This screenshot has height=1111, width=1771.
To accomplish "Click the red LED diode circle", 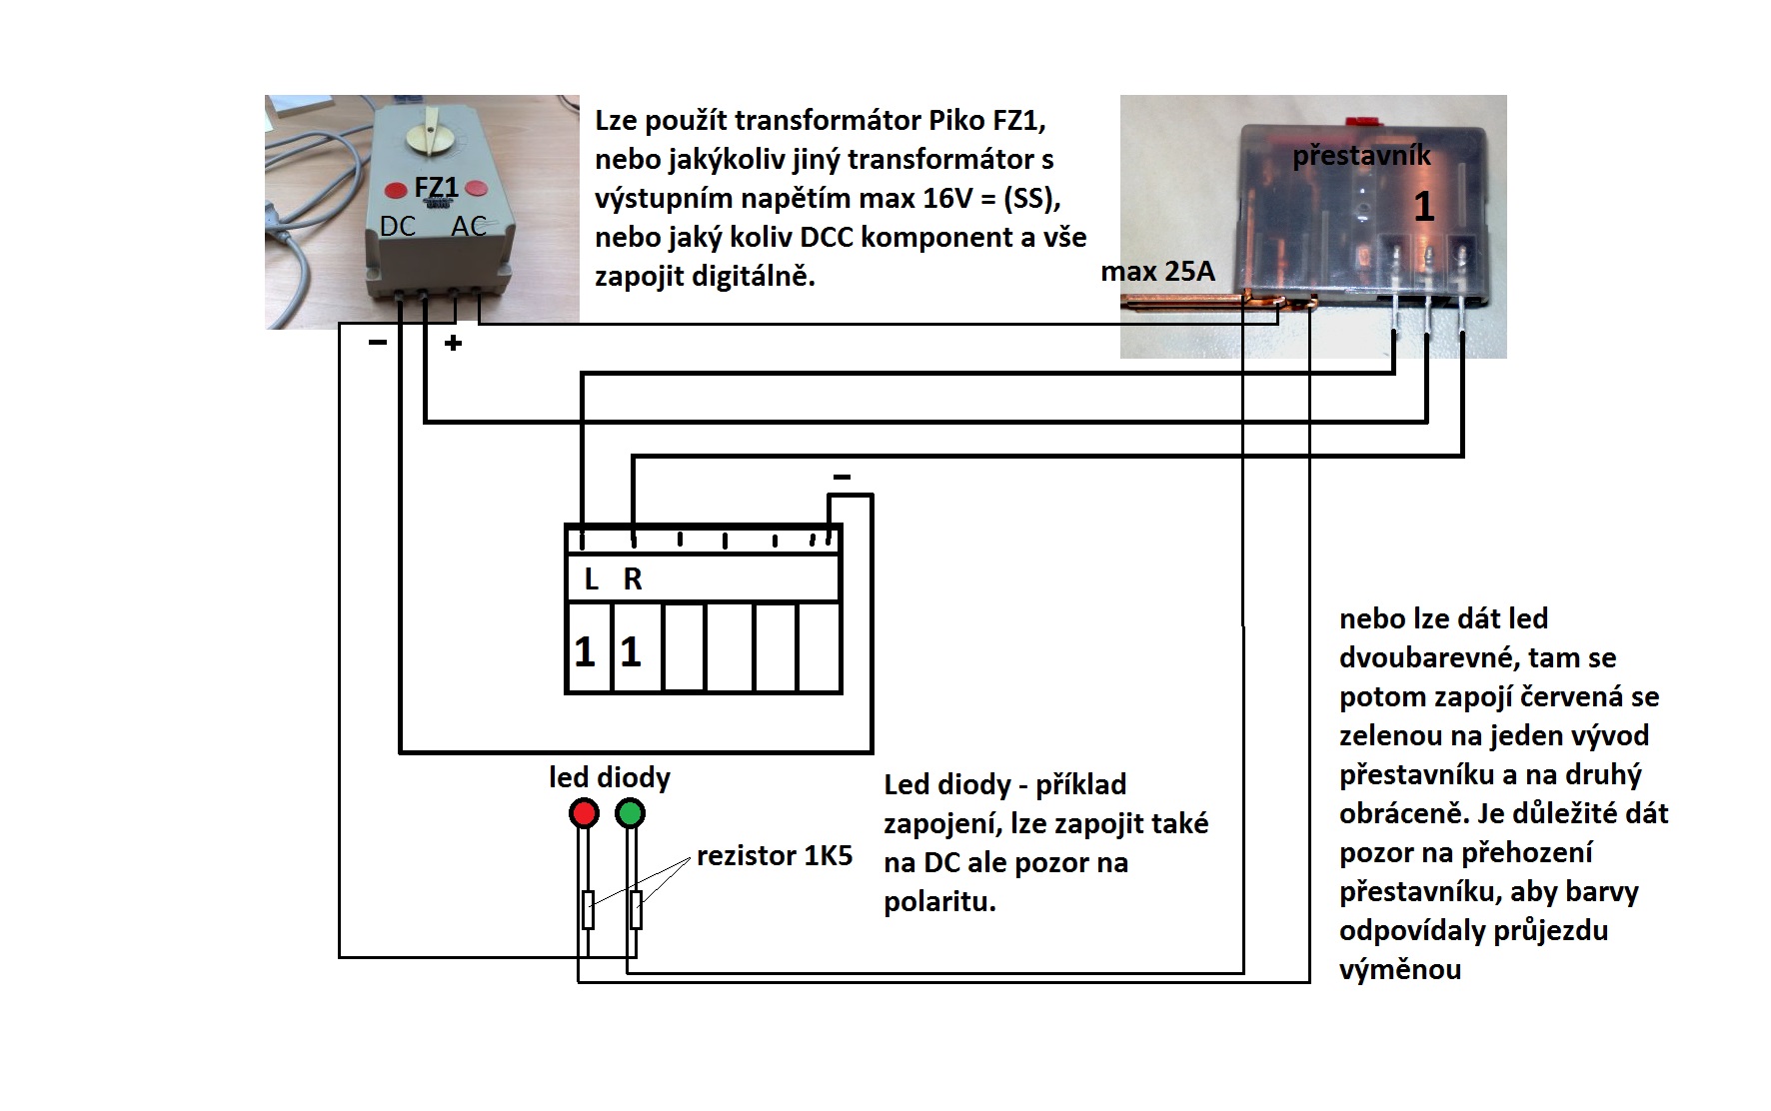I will point(584,813).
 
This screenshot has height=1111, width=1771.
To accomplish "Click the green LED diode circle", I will point(630,813).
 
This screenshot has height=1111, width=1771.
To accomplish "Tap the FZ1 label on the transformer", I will point(436,188).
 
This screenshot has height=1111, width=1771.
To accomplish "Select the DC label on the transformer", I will point(398,227).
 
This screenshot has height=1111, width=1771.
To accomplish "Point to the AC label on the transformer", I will point(469,227).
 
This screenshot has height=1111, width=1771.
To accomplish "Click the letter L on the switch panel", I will point(591,579).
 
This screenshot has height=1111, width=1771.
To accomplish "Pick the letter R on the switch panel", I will point(633,579).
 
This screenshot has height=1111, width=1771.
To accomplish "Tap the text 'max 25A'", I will point(1157,271).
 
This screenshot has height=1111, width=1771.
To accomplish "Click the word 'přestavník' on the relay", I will point(1361,156).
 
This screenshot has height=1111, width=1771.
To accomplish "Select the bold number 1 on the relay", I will point(1424,207).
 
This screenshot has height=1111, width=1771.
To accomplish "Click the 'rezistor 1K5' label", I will point(775,856).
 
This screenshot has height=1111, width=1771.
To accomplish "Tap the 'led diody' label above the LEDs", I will point(610,777).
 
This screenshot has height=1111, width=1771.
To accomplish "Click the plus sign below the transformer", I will point(454,344).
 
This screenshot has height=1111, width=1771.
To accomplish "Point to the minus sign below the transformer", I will point(377,343).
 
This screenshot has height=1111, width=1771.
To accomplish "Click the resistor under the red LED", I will point(588,909).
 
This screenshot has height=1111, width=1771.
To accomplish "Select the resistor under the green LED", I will point(636,909).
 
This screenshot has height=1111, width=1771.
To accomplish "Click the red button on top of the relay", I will point(1360,121).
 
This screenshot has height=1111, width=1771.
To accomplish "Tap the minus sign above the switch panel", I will point(842,478).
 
